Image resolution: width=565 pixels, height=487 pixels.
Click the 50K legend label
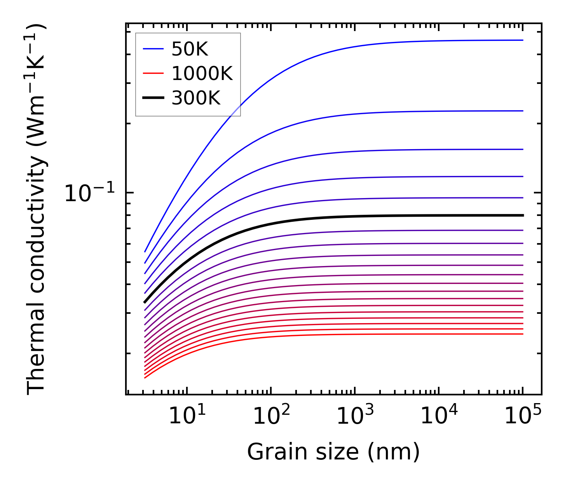pyautogui.click(x=190, y=49)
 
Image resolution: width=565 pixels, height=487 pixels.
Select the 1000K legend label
pyautogui.click(x=202, y=74)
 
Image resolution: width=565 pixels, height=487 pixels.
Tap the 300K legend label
pyautogui.click(x=196, y=99)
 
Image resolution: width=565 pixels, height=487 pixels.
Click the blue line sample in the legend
pyautogui.click(x=153, y=49)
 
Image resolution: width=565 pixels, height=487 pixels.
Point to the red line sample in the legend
pyautogui.click(x=153, y=74)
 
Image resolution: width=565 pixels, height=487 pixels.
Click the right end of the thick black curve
pyautogui.click(x=523, y=215)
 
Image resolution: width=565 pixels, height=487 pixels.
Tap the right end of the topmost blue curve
pyautogui.click(x=523, y=40)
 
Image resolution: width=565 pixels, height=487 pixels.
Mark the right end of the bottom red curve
pyautogui.click(x=523, y=334)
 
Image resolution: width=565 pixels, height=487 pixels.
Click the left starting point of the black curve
pyautogui.click(x=145, y=302)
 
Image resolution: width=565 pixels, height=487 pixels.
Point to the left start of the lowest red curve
pyautogui.click(x=145, y=378)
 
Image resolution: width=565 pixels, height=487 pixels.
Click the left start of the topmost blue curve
pyautogui.click(x=145, y=252)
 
